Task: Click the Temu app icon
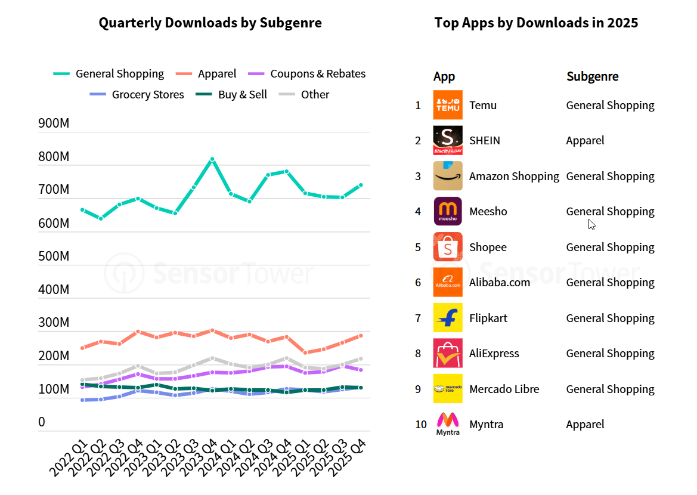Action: click(x=448, y=105)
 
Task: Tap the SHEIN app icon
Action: click(x=448, y=141)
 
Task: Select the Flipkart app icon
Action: click(x=448, y=318)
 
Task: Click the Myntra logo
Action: click(x=448, y=424)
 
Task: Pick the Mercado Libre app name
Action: click(x=504, y=389)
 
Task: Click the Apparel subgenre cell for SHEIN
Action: click(x=585, y=141)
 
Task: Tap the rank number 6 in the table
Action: click(x=418, y=283)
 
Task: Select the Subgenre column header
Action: click(x=592, y=76)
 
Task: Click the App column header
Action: click(x=444, y=76)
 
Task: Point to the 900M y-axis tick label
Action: click(x=54, y=123)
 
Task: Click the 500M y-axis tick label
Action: click(x=54, y=256)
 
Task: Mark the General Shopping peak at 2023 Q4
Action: click(x=212, y=159)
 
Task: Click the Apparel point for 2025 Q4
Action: click(x=360, y=336)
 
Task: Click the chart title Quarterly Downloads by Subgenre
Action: click(x=210, y=23)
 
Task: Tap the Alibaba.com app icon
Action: click(x=448, y=283)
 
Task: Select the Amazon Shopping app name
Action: click(x=514, y=176)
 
